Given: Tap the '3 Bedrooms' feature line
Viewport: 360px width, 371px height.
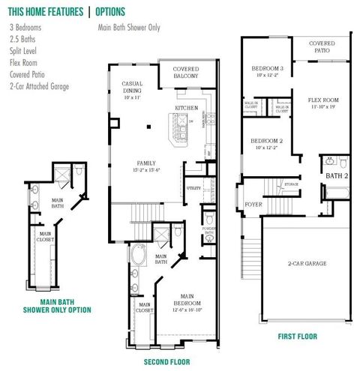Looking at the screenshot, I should (25, 27).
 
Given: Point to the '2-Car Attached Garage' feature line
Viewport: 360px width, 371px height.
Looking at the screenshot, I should (40, 86).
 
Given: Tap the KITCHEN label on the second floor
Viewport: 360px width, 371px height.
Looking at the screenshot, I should (186, 108).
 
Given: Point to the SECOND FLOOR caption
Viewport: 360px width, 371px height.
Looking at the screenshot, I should (167, 342).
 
